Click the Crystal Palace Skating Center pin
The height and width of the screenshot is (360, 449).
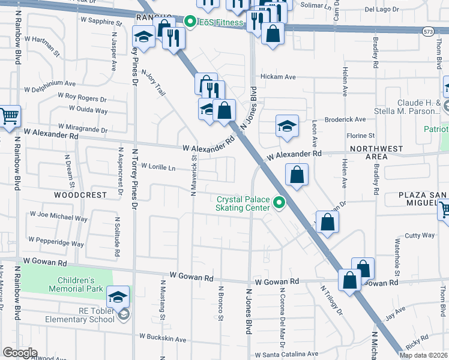pos(279,204)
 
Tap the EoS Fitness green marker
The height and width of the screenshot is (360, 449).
pos(191,23)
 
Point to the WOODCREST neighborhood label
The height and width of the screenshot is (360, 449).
pos(80,195)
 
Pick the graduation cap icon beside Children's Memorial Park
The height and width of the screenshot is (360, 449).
pos(118,296)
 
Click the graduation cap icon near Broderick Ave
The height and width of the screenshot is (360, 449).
pos(287,125)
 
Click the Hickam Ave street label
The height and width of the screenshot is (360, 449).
pos(278,77)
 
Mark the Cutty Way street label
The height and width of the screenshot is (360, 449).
pos(420,236)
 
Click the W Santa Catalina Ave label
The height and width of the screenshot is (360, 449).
pos(286,355)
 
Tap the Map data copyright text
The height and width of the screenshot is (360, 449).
pos(423,355)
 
